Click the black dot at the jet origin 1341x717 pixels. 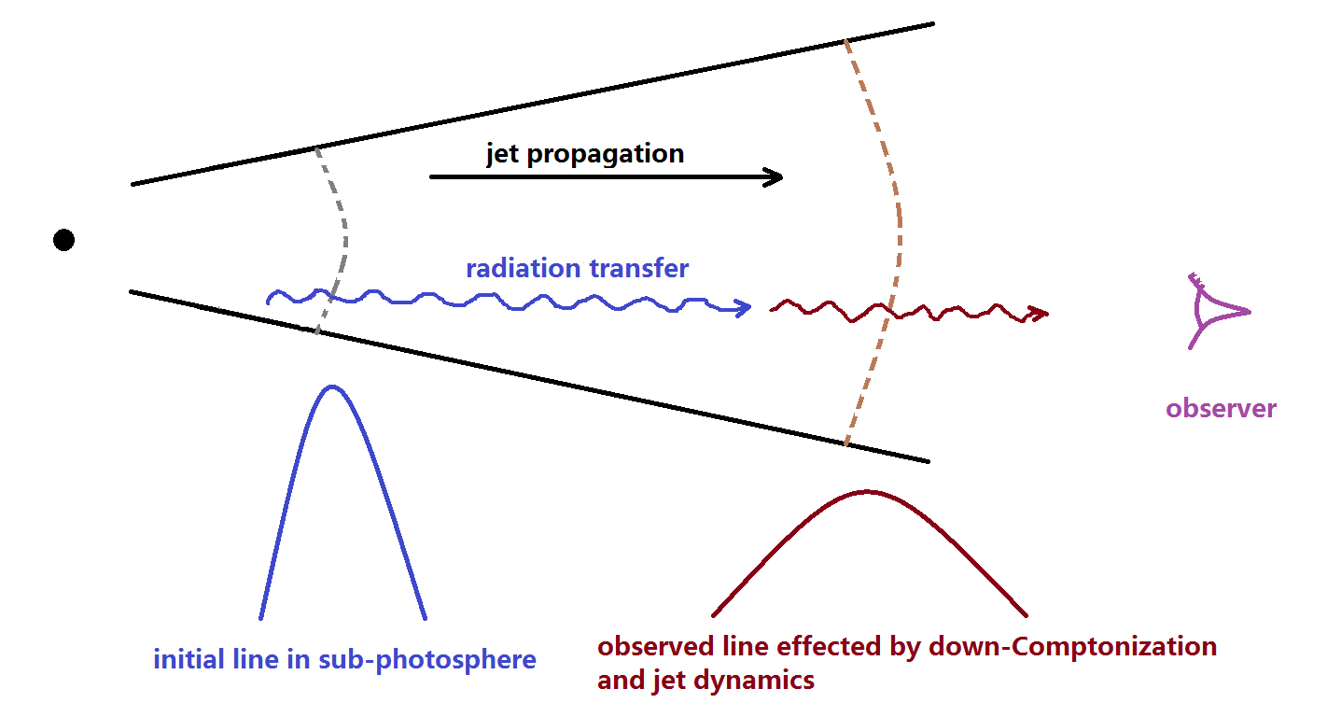[63, 240]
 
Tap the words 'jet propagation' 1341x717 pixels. [585, 154]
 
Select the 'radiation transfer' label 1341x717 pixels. [577, 269]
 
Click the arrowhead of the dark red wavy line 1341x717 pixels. [1039, 315]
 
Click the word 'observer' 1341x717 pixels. [1221, 408]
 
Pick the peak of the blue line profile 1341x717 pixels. [331, 387]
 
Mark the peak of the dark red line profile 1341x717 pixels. [867, 492]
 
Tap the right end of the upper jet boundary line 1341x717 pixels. [931, 23]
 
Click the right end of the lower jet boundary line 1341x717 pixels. [927, 460]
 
